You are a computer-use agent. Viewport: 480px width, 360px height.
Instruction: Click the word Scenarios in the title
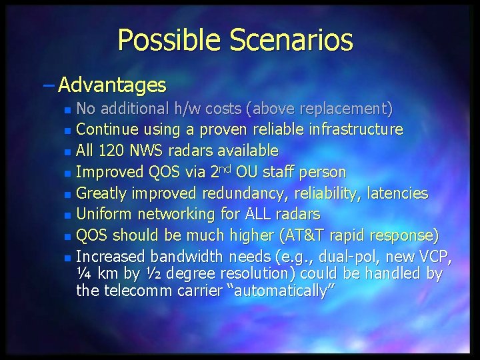[x=291, y=40]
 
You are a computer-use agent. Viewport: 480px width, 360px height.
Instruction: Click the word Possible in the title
[x=171, y=40]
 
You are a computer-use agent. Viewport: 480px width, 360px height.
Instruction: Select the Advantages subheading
[x=112, y=85]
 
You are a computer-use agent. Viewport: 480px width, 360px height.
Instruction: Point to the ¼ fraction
[x=84, y=273]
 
